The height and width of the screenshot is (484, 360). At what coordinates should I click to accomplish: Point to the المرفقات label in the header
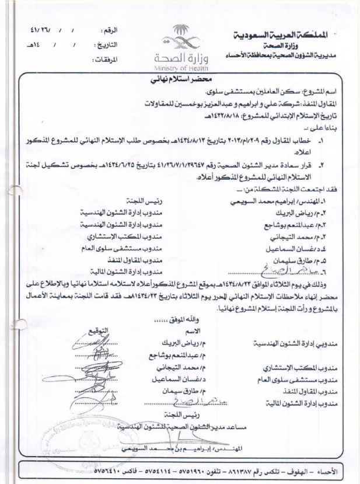coord(117,60)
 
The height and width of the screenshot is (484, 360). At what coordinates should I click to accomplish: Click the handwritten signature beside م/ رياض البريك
coord(93,340)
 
